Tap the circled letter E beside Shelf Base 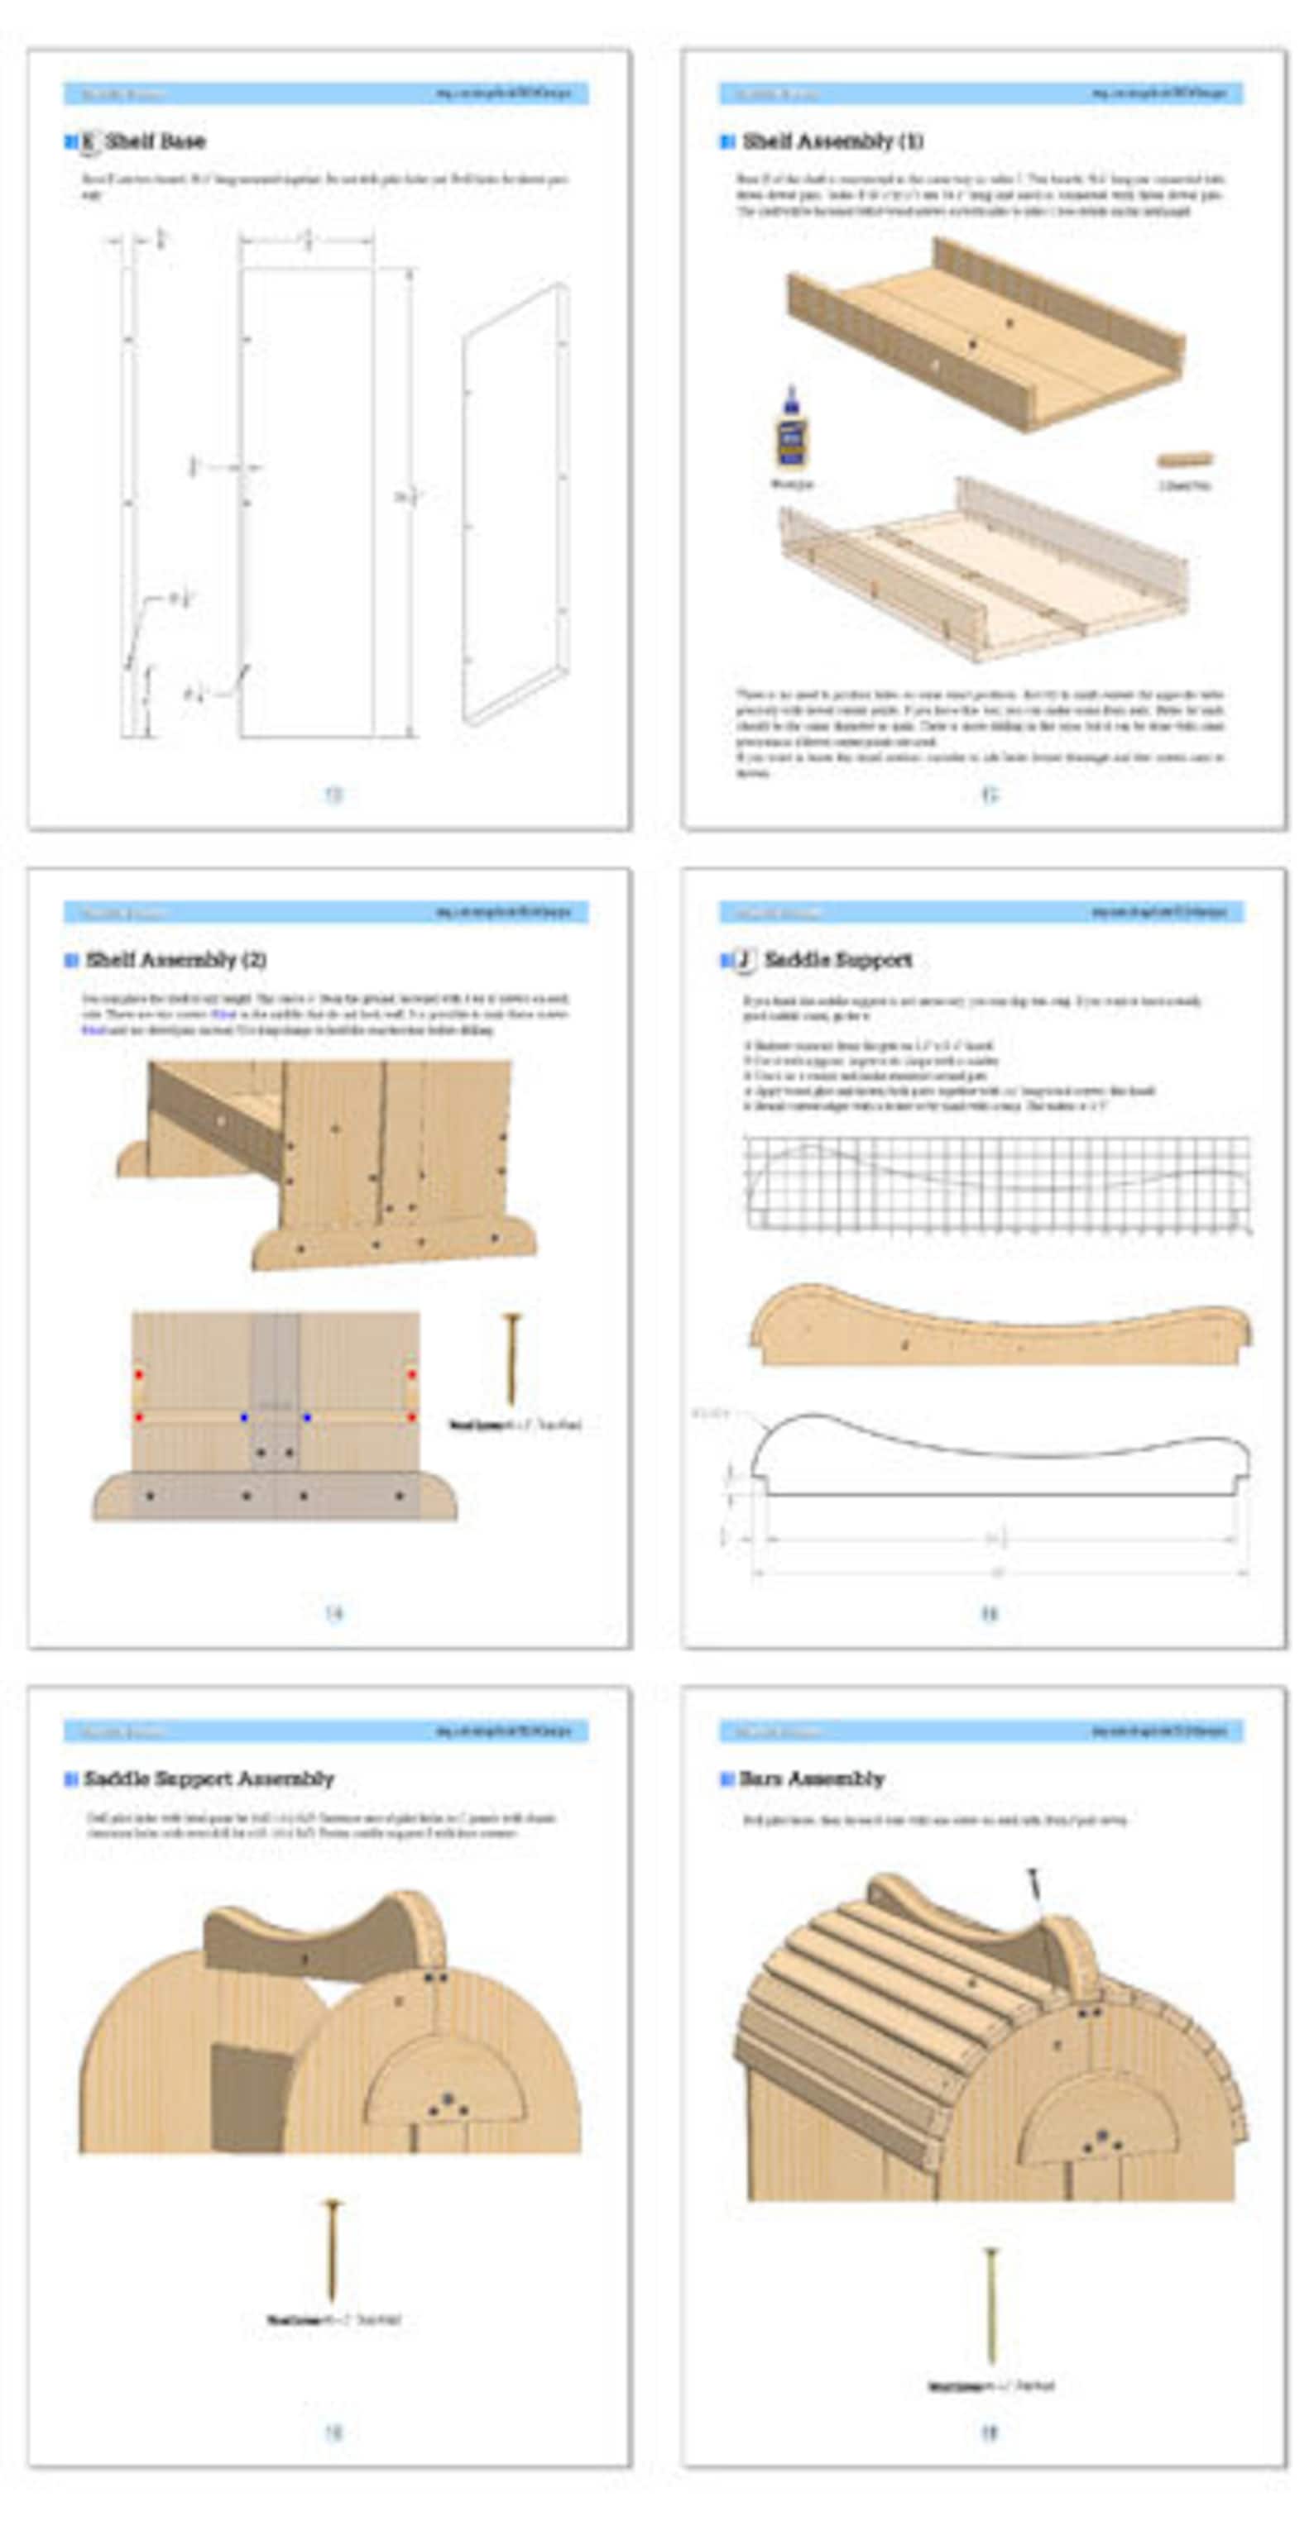click(x=88, y=142)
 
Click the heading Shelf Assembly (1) click(x=832, y=141)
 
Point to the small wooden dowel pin click(x=1185, y=459)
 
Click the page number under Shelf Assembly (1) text click(x=989, y=795)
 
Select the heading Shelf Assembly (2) click(x=175, y=960)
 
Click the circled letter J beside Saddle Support click(x=743, y=960)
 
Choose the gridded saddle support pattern click(x=997, y=1183)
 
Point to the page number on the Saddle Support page click(x=989, y=1614)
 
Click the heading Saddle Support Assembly click(x=209, y=1779)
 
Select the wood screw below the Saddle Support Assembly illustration click(x=333, y=2250)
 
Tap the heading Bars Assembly click(x=812, y=1779)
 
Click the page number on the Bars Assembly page click(x=989, y=2432)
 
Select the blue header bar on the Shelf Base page click(x=326, y=94)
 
